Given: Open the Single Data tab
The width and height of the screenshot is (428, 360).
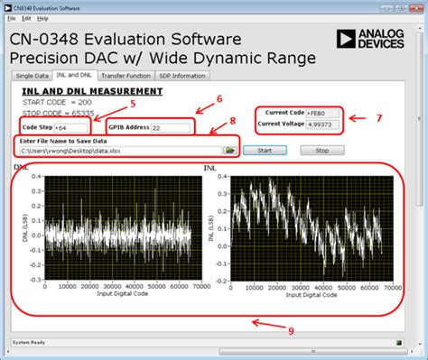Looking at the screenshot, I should point(32,76).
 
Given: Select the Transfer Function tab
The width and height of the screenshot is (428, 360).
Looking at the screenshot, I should point(126,76).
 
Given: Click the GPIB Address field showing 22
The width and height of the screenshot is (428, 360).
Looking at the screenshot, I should point(171,128).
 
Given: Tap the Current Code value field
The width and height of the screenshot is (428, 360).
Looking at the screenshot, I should point(323,112).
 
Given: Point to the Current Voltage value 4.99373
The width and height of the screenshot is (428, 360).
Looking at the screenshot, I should point(323,124).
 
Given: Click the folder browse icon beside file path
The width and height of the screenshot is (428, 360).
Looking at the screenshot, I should point(230,151).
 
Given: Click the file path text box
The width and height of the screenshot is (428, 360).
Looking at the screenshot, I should point(117,151).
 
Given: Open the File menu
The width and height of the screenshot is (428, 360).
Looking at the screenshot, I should point(12,17).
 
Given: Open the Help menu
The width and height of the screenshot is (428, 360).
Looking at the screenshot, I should point(43,17).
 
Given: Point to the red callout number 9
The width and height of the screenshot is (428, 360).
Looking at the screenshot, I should point(290,329).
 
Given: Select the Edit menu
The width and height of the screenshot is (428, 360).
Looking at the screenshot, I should point(26,17).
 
